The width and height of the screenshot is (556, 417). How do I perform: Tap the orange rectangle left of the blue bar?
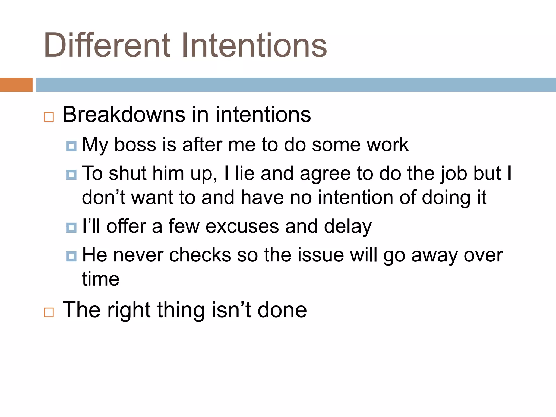point(16,85)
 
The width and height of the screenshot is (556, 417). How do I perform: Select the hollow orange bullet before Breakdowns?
point(49,117)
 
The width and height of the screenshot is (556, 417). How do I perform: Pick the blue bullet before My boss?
point(71,146)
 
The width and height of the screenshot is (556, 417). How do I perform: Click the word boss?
point(135,145)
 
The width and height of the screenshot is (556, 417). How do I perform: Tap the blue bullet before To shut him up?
point(71,175)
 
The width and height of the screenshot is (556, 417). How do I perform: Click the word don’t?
point(103,197)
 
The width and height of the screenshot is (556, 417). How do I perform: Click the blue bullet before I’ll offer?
point(71,228)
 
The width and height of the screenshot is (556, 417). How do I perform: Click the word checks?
point(200,255)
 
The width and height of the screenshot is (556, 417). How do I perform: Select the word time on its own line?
point(101,279)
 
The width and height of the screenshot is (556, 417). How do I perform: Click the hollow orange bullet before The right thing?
point(49,312)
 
